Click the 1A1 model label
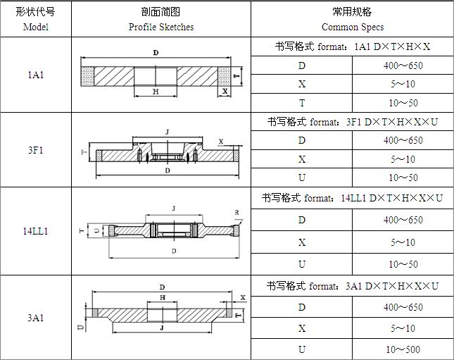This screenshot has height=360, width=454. [36, 75]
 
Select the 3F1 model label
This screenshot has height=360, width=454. [36, 150]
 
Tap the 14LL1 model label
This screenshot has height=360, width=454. [36, 231]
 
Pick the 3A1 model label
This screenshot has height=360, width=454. [36, 318]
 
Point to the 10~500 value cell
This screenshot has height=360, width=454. [403, 349]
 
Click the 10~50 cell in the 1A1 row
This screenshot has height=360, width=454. [403, 103]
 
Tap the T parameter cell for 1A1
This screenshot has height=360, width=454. [302, 103]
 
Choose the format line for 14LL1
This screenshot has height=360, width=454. [352, 198]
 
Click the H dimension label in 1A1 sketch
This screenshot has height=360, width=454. [156, 92]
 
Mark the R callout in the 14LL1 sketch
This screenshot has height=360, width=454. [237, 213]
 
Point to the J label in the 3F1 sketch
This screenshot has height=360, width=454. [167, 132]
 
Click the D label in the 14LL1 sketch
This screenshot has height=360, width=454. [174, 251]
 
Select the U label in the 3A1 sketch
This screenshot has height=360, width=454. [82, 327]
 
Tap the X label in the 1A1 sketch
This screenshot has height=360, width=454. [225, 92]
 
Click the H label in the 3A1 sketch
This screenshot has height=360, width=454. [163, 297]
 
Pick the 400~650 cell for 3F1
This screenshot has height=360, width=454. [403, 140]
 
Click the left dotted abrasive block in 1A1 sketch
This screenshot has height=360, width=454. [87, 77]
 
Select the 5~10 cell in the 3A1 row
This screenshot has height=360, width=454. [403, 328]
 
